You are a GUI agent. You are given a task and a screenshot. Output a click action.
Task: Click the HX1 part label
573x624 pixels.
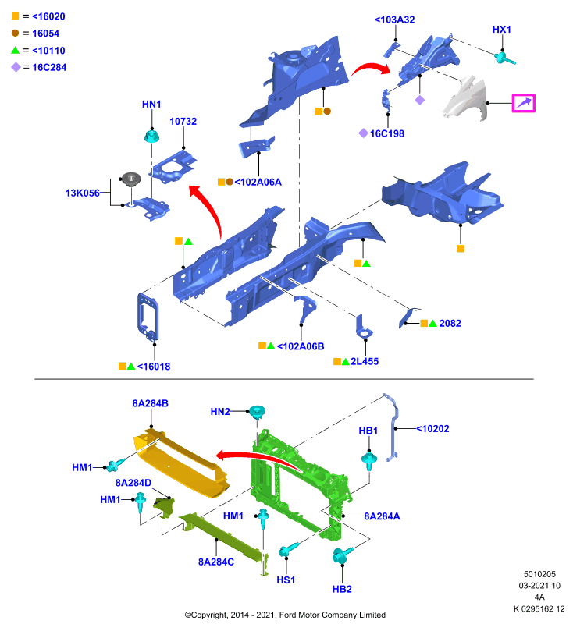(501, 30)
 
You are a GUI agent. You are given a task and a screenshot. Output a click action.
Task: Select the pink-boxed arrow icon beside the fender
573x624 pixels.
(523, 103)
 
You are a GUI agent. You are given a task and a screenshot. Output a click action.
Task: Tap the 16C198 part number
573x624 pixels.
(386, 133)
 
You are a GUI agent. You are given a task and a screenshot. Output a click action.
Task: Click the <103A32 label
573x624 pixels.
(394, 19)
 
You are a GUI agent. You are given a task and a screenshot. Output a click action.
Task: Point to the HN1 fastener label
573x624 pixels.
(151, 105)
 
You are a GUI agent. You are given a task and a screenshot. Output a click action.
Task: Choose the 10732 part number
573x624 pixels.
(183, 122)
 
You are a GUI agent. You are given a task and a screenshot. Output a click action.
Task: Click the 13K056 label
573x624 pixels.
(83, 193)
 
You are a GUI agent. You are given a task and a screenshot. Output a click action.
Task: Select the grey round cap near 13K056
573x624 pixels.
(131, 179)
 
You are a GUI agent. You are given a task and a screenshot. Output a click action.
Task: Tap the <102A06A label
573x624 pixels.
(258, 183)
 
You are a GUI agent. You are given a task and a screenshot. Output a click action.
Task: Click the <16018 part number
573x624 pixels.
(154, 367)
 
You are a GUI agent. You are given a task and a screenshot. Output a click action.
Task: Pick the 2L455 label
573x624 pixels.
(365, 362)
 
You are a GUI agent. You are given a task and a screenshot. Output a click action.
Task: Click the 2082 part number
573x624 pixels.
(450, 323)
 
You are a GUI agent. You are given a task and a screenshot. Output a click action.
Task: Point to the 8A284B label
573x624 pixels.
(150, 403)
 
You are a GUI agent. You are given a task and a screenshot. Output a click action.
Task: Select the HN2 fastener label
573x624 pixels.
(220, 412)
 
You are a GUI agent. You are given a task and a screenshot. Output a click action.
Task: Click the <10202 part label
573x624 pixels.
(432, 428)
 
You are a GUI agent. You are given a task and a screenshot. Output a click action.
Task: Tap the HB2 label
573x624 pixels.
(342, 589)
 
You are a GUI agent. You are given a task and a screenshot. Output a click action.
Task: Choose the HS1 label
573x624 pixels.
(286, 580)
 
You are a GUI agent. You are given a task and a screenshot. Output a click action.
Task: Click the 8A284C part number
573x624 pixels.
(216, 562)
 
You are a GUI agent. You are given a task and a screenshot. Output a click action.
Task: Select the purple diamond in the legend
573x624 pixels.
(16, 67)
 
